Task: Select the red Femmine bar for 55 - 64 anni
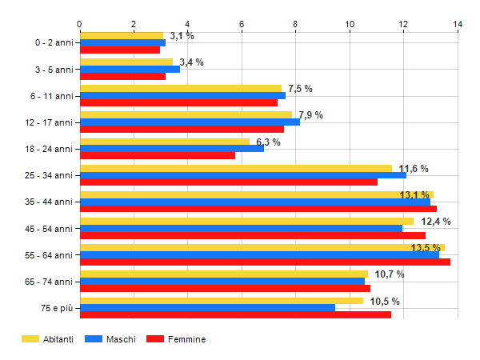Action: pyautogui.click(x=265, y=262)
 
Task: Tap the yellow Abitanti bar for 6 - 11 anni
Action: pyautogui.click(x=181, y=89)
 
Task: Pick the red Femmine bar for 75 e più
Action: pyautogui.click(x=235, y=314)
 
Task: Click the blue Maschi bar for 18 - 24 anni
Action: pyautogui.click(x=171, y=149)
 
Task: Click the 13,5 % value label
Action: pyautogui.click(x=426, y=248)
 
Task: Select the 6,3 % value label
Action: pyautogui.click(x=268, y=142)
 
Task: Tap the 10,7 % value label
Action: pyautogui.click(x=389, y=274)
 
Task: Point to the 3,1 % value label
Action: pyautogui.click(x=182, y=36)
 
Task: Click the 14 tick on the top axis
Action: pyautogui.click(x=458, y=25)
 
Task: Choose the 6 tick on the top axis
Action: pyautogui.click(x=242, y=25)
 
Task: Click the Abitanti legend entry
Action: pyautogui.click(x=47, y=339)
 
